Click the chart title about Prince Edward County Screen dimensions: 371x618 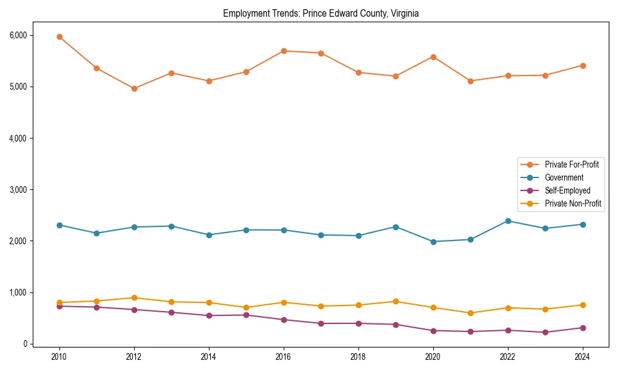point(321,14)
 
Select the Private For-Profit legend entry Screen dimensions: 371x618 point(571,164)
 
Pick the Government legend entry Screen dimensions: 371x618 point(564,177)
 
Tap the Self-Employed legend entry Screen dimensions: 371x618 point(567,190)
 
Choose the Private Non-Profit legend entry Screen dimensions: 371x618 point(573,203)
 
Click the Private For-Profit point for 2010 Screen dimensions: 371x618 point(59,36)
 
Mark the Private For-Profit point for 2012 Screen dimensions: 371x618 point(134,88)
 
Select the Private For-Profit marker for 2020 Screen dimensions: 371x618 point(433,57)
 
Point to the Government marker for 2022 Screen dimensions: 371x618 point(508,221)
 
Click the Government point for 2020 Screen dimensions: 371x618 point(433,242)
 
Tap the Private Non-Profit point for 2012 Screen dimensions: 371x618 point(134,298)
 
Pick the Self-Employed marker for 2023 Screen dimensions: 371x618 point(545,332)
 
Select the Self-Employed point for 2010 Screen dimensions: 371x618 point(59,306)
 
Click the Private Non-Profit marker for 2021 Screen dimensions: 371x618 point(470,313)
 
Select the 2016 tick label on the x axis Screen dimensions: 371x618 point(284,357)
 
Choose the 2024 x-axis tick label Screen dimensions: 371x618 point(582,357)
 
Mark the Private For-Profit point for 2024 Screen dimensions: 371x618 point(582,66)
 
